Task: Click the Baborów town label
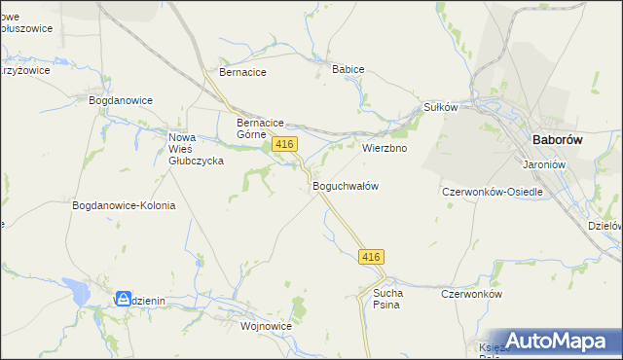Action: click(558, 140)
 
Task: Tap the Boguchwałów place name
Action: click(345, 185)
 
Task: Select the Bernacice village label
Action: click(242, 72)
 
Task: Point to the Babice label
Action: click(348, 70)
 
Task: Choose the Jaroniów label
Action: click(545, 164)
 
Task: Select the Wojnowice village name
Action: click(267, 327)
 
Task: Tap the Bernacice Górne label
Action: click(260, 128)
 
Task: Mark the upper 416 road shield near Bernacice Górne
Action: click(284, 144)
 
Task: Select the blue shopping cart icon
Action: click(124, 300)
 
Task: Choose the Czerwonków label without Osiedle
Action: click(471, 294)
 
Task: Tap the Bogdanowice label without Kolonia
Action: click(121, 100)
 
